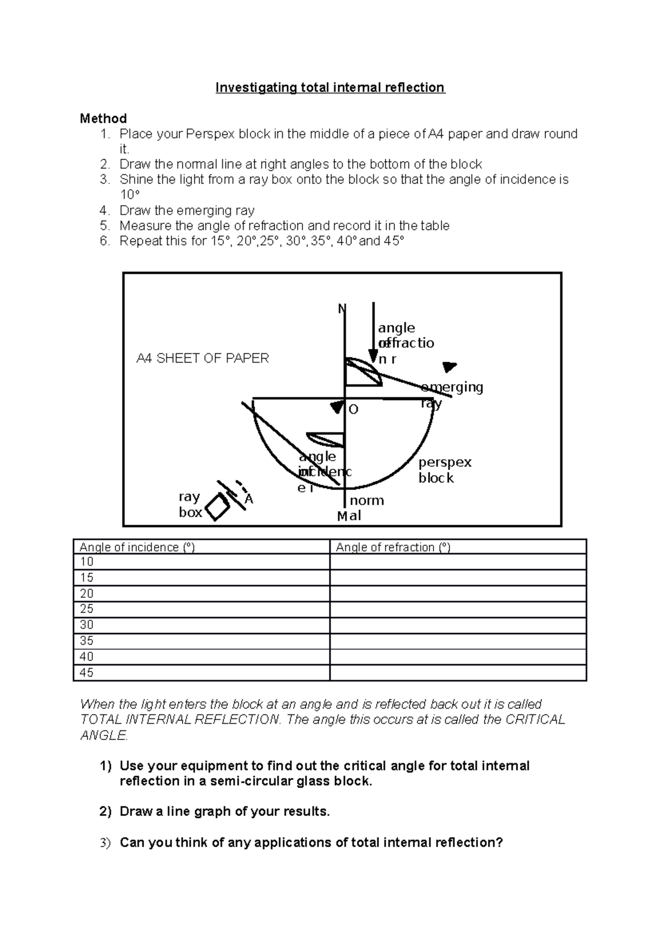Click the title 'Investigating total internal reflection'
[x=330, y=88]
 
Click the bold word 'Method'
[x=103, y=119]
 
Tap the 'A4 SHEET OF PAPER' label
[x=202, y=359]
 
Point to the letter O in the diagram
[x=353, y=410]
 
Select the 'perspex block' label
[x=444, y=470]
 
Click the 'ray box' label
[x=190, y=504]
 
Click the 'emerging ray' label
[x=451, y=394]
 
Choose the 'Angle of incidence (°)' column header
[x=137, y=547]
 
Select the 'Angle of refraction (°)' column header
[x=393, y=547]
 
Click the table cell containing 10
[x=87, y=562]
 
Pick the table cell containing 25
[x=87, y=609]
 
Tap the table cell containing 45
[x=87, y=673]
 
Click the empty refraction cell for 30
[x=458, y=625]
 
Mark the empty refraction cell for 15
[x=458, y=578]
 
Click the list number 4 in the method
[x=105, y=211]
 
